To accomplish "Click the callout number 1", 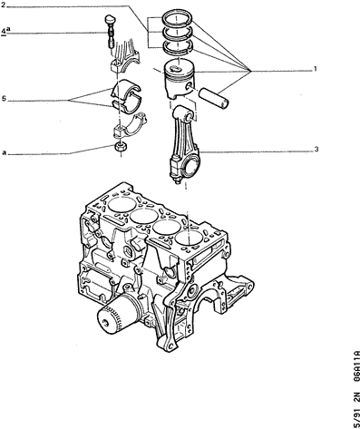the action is [315, 69].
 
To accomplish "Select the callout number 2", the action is [3, 5].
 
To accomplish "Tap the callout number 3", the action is [316, 149].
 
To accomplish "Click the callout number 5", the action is [4, 99].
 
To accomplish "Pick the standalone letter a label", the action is [4, 152].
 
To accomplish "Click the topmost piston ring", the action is [177, 17].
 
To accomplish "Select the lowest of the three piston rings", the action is [177, 45].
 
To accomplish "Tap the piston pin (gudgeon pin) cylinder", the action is [214, 98].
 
